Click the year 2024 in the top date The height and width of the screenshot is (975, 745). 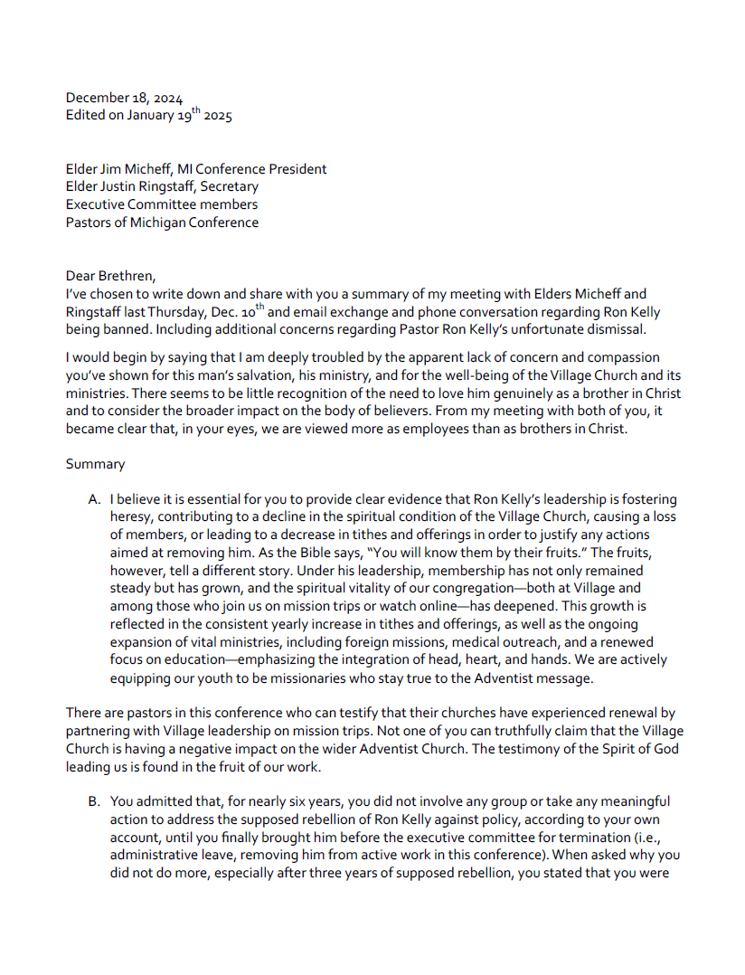click(x=167, y=99)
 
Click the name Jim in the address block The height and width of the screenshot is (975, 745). click(x=114, y=169)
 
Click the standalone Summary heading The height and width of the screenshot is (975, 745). click(x=95, y=464)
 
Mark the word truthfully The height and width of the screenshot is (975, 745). click(x=382, y=732)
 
